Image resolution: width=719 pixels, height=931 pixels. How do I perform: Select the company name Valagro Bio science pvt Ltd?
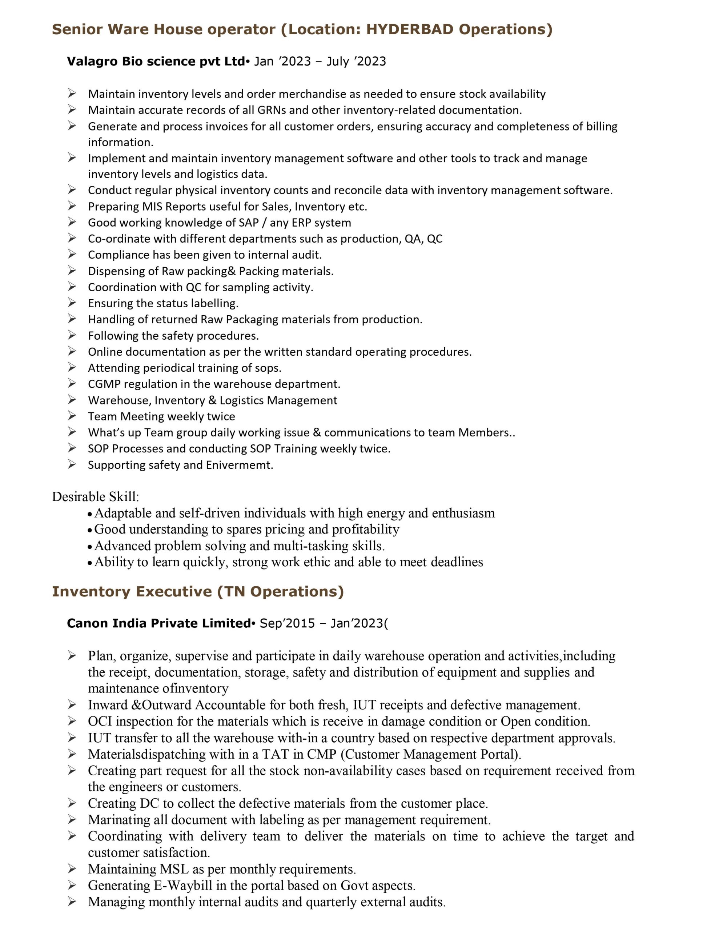click(156, 61)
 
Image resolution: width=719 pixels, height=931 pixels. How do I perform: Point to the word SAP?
click(249, 223)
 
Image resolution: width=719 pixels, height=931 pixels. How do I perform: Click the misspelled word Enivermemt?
click(239, 465)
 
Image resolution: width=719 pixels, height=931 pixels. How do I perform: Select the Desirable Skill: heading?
click(96, 497)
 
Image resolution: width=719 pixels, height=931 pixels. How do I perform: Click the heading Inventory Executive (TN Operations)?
click(198, 591)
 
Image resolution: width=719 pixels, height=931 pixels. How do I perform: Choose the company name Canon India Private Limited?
click(158, 623)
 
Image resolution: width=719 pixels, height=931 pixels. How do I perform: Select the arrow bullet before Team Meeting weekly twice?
click(72, 416)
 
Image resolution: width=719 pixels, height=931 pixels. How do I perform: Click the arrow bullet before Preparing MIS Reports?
click(72, 206)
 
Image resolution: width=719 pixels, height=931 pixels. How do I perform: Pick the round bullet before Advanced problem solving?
click(89, 547)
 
